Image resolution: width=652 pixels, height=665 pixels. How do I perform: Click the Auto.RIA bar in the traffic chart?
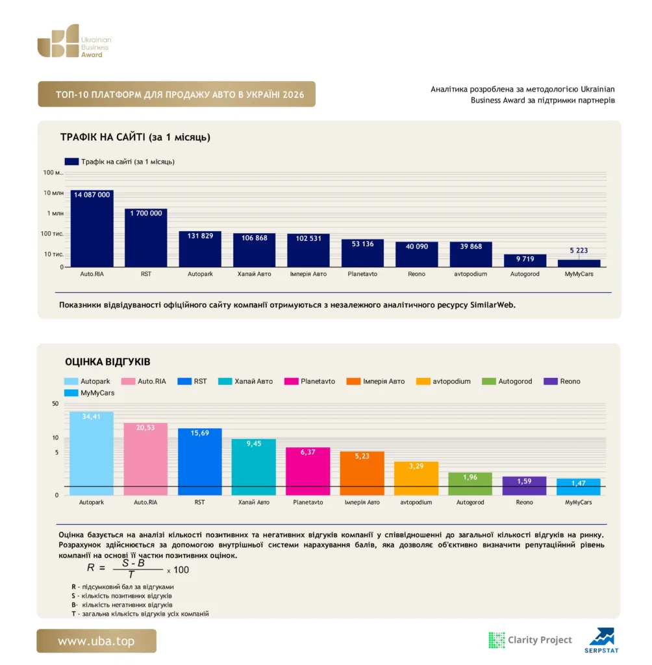[92, 229]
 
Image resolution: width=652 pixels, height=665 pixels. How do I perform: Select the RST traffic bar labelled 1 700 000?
[146, 238]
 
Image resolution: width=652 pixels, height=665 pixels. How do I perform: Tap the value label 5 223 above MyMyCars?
[579, 250]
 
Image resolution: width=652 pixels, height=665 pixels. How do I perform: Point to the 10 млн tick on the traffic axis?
[53, 193]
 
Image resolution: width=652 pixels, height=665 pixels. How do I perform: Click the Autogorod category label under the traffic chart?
[525, 274]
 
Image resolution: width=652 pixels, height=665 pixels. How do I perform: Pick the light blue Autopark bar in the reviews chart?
[92, 453]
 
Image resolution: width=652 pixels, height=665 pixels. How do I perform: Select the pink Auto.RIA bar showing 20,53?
[145, 459]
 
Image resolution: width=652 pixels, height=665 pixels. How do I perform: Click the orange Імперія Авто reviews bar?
[362, 473]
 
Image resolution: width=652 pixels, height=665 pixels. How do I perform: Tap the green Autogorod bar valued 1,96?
[470, 484]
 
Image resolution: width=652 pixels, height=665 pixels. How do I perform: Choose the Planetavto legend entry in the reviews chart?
[310, 381]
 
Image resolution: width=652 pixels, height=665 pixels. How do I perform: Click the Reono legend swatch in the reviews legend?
[550, 381]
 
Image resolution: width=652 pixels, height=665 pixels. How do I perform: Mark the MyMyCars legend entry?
[90, 393]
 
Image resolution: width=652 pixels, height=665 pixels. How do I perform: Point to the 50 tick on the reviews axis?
[55, 404]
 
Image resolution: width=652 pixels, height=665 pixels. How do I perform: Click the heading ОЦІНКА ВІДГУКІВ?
[108, 362]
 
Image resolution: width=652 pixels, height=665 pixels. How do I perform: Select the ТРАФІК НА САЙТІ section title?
[135, 137]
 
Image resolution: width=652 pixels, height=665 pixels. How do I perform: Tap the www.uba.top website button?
[96, 641]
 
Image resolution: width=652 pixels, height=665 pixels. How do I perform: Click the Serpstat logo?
[601, 640]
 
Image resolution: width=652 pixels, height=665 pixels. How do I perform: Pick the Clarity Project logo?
[531, 640]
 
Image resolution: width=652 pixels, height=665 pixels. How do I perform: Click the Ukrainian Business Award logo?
[74, 41]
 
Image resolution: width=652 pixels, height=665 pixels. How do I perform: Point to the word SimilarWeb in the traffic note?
[492, 305]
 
